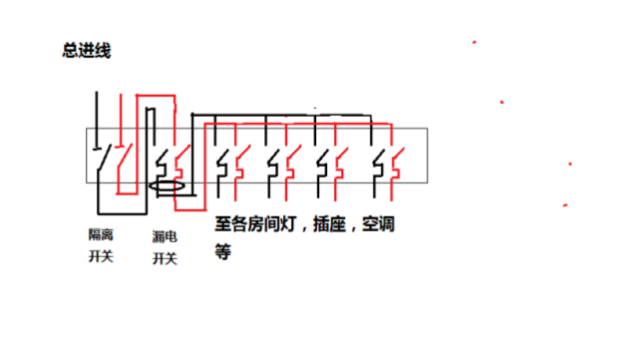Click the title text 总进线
(86, 51)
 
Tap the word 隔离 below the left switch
(101, 234)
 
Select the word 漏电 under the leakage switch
(164, 236)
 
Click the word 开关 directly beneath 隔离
(101, 257)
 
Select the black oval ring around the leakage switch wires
(166, 185)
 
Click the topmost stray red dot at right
(475, 43)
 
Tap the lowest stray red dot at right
(565, 205)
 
